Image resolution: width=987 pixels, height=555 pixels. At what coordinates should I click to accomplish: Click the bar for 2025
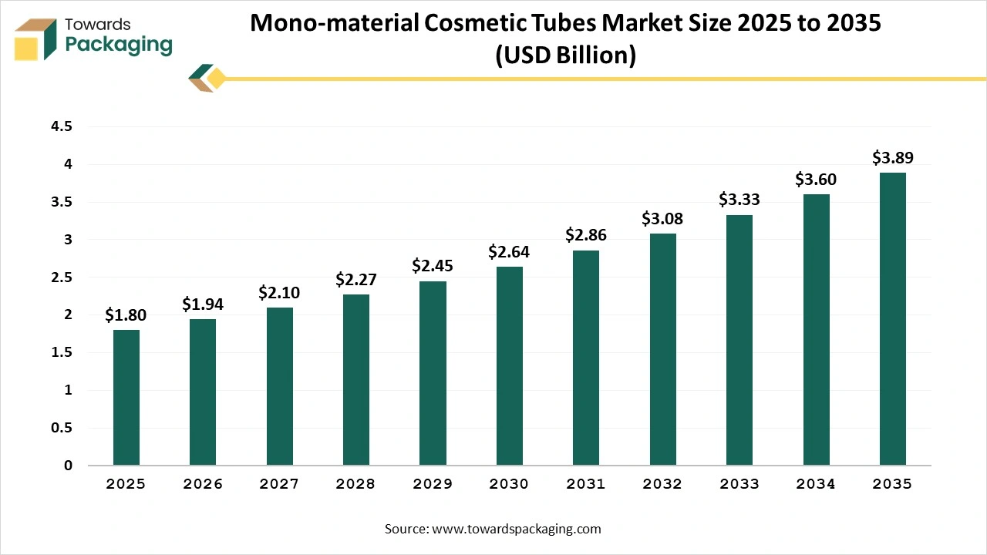tap(126, 398)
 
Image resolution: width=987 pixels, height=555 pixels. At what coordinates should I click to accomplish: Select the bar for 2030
tap(509, 366)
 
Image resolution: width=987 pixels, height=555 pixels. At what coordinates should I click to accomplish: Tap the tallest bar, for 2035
tap(892, 319)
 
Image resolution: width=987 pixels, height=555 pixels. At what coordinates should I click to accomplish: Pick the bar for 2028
tap(356, 380)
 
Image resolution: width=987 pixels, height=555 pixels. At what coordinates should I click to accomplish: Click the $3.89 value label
tap(892, 158)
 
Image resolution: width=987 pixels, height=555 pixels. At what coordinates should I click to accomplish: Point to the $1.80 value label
tap(126, 314)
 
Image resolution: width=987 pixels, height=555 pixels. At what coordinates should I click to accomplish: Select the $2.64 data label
tap(509, 251)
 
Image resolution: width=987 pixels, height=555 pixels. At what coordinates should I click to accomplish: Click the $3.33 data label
tap(739, 200)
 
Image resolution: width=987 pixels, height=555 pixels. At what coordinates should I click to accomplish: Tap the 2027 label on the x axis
tap(279, 484)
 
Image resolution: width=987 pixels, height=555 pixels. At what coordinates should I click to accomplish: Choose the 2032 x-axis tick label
tap(662, 484)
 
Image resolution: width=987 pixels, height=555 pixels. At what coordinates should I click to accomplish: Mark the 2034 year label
tap(816, 484)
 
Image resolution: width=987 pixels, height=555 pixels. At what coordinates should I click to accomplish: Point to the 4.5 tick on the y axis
tap(62, 126)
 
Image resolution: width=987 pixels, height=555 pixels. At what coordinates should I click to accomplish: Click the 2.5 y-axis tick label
tap(62, 277)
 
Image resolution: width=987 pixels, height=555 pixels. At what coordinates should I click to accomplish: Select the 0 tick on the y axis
tap(68, 466)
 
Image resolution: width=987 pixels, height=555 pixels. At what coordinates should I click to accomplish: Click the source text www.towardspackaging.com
tap(515, 529)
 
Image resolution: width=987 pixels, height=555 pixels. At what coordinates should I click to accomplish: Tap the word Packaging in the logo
tap(119, 45)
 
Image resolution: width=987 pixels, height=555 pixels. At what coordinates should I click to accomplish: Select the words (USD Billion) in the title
tap(565, 55)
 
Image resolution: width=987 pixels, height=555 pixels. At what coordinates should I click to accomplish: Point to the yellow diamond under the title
tap(216, 78)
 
